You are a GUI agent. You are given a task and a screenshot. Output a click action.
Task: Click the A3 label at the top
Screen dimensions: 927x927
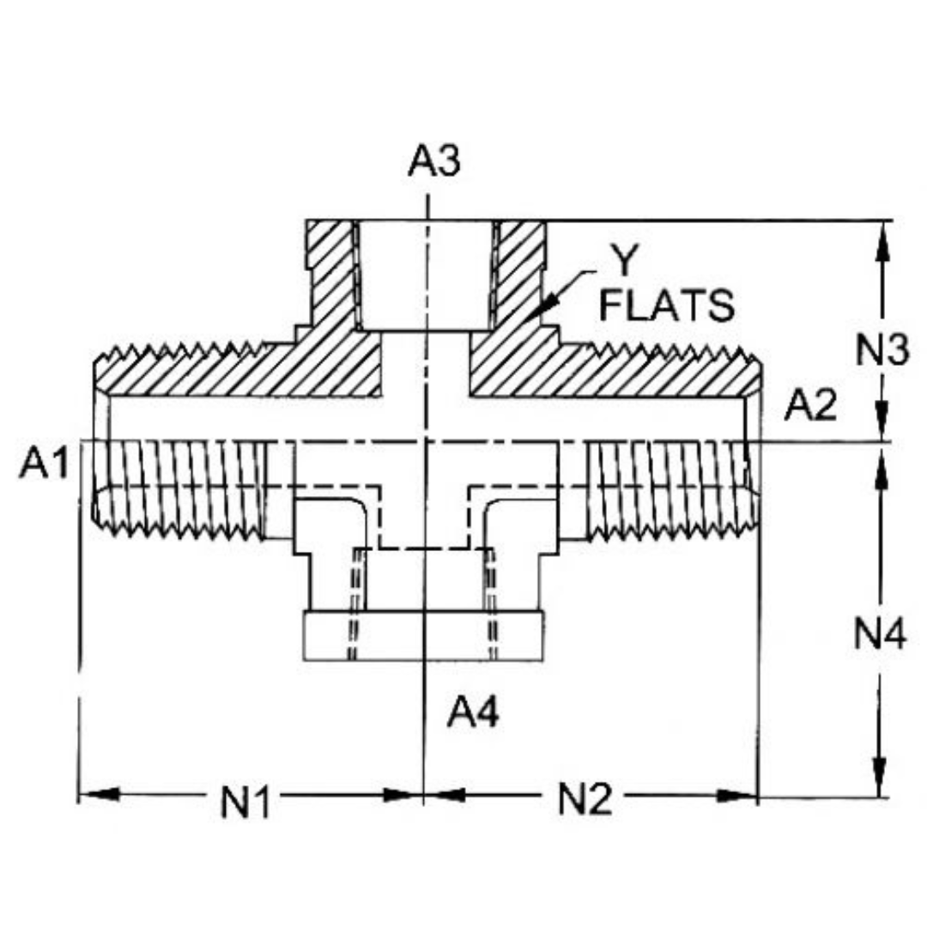[x=433, y=161]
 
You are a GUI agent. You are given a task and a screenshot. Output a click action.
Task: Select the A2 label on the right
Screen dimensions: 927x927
[x=809, y=407]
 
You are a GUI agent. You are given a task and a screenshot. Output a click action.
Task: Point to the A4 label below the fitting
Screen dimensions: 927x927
[x=472, y=712]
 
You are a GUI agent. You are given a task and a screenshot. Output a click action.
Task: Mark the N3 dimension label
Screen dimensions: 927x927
[x=881, y=350]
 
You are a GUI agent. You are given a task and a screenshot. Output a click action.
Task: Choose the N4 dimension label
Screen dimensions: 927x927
[x=880, y=636]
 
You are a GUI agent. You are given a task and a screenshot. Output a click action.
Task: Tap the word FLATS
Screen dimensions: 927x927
[x=666, y=306]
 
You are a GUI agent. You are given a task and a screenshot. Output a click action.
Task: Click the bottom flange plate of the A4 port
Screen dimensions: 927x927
[x=424, y=636]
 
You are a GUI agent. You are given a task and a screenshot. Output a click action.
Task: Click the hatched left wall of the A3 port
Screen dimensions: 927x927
[x=330, y=275]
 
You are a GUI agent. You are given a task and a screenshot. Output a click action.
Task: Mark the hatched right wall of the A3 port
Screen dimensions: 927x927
[x=519, y=275]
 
